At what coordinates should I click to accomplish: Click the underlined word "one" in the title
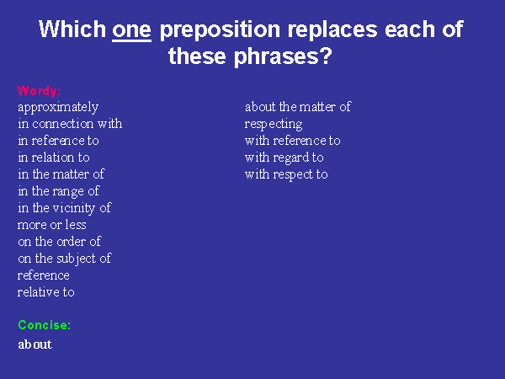click(132, 30)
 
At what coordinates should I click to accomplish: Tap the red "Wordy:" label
click(39, 91)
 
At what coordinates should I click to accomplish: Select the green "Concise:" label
click(44, 325)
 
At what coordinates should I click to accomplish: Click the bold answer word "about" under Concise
click(35, 344)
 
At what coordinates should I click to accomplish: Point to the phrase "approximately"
click(58, 108)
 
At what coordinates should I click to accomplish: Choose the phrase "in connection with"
click(70, 124)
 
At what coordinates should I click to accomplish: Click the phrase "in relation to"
click(54, 157)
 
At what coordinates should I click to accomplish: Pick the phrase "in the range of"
click(59, 191)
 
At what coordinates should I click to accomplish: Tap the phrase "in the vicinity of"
click(65, 208)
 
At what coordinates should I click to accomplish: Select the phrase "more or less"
click(52, 225)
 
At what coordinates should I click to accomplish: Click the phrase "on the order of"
click(60, 242)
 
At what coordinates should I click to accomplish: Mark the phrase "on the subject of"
click(65, 259)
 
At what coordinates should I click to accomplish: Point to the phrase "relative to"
click(46, 292)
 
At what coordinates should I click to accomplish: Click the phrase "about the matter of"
click(298, 107)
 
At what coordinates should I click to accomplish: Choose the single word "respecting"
click(274, 125)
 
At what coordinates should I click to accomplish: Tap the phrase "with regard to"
click(284, 158)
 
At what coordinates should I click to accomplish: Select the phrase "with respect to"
click(286, 174)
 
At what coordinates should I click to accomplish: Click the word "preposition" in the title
click(220, 30)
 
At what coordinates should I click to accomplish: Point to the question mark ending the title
click(326, 56)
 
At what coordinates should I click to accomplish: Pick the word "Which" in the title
click(72, 29)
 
